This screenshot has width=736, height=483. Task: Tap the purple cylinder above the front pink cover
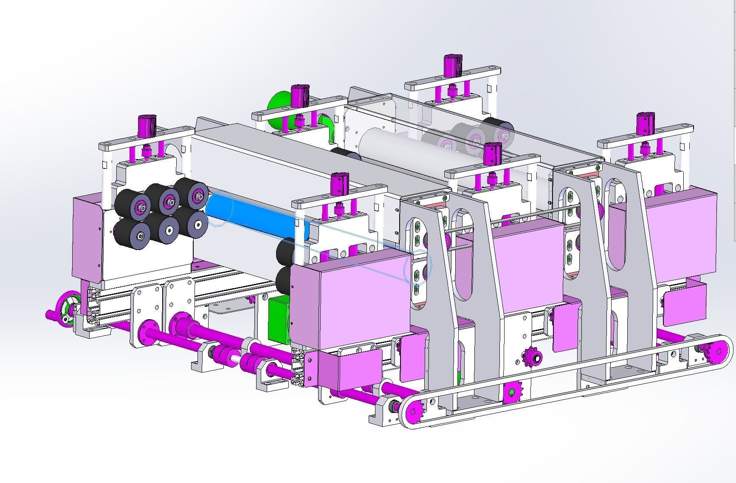(339, 186)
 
